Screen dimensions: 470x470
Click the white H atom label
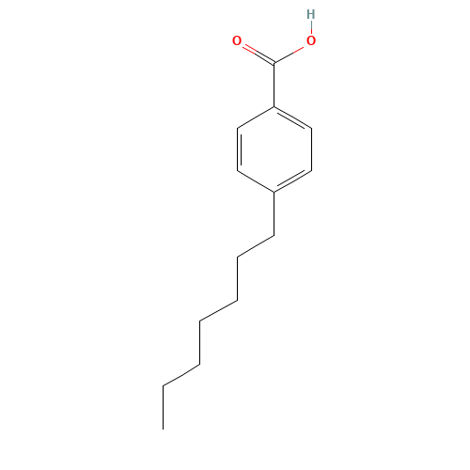(310, 15)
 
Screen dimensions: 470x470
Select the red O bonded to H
(310, 41)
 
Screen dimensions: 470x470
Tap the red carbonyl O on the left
(237, 41)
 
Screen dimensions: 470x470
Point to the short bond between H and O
(310, 28)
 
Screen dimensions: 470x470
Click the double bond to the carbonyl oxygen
(255, 53)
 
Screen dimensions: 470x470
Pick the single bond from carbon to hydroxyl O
(292, 53)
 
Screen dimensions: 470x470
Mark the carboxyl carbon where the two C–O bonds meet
(274, 64)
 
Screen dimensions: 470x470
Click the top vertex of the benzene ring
(274, 107)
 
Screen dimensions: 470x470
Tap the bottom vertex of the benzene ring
(274, 192)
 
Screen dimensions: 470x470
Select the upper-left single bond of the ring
(256, 117)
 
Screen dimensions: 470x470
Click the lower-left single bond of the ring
(256, 181)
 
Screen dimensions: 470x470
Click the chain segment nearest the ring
(256, 246)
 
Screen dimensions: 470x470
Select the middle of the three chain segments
(218, 310)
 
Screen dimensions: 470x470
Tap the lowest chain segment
(181, 374)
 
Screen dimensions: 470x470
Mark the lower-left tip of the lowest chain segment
(164, 384)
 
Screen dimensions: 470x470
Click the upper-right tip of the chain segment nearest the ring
(274, 236)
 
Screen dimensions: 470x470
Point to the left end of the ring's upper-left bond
(238, 128)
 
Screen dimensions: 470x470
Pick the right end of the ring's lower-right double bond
(310, 170)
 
